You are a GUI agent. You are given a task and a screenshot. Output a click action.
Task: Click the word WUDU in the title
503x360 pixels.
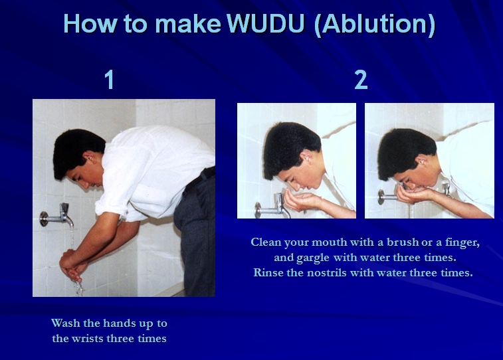click(x=265, y=23)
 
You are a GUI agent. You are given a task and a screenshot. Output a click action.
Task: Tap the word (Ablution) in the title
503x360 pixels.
click(x=375, y=25)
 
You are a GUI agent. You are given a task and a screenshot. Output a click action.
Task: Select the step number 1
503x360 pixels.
click(x=109, y=80)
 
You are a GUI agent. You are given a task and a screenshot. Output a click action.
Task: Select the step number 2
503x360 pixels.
click(x=361, y=80)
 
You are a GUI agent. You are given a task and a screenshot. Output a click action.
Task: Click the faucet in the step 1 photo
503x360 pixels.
click(x=57, y=216)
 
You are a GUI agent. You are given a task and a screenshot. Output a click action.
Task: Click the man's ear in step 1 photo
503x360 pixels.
click(x=90, y=157)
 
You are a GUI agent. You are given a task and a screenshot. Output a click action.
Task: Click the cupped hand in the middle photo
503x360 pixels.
click(x=300, y=201)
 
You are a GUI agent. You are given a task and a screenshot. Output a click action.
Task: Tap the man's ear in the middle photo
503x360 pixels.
click(x=306, y=156)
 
